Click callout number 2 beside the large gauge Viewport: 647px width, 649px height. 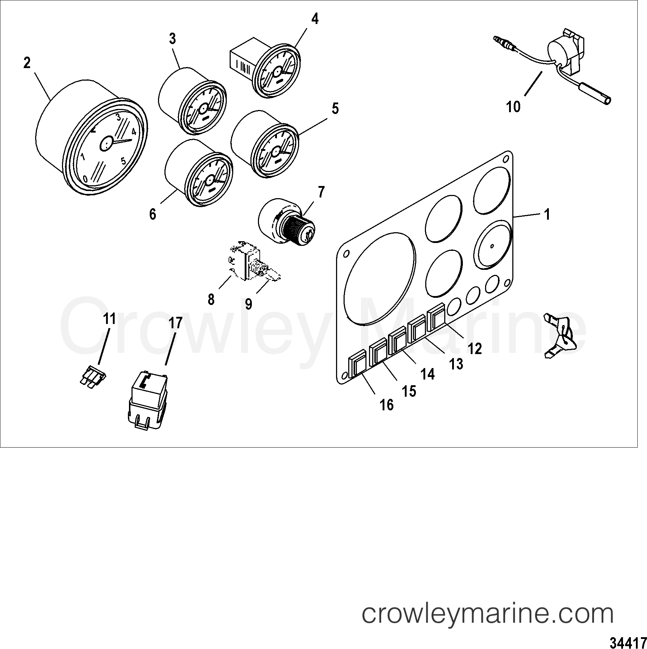27,63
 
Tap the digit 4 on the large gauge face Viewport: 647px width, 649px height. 134,132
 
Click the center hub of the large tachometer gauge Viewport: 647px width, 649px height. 106,144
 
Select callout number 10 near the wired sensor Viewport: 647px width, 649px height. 513,107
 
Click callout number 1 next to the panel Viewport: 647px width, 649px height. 547,215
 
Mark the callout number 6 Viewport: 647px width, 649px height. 153,214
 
